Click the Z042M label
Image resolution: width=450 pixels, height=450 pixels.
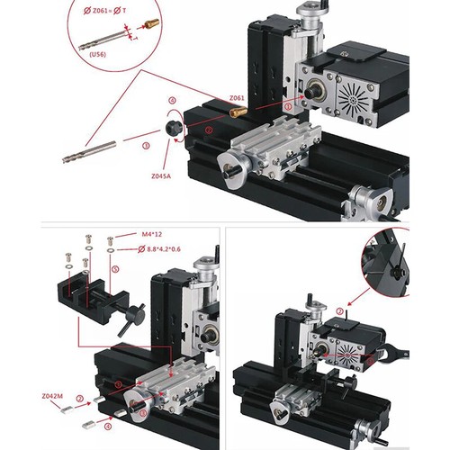coord(51,396)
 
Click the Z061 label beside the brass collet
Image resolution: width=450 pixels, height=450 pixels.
coord(237,97)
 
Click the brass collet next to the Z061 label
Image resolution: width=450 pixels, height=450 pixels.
coord(238,112)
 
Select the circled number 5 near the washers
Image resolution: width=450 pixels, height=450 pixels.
coord(115,268)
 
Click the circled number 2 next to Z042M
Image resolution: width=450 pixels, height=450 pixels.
coord(79,398)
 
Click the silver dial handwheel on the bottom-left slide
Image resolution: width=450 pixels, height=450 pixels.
coord(136,406)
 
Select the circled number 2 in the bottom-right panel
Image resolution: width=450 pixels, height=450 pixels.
coord(339,311)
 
